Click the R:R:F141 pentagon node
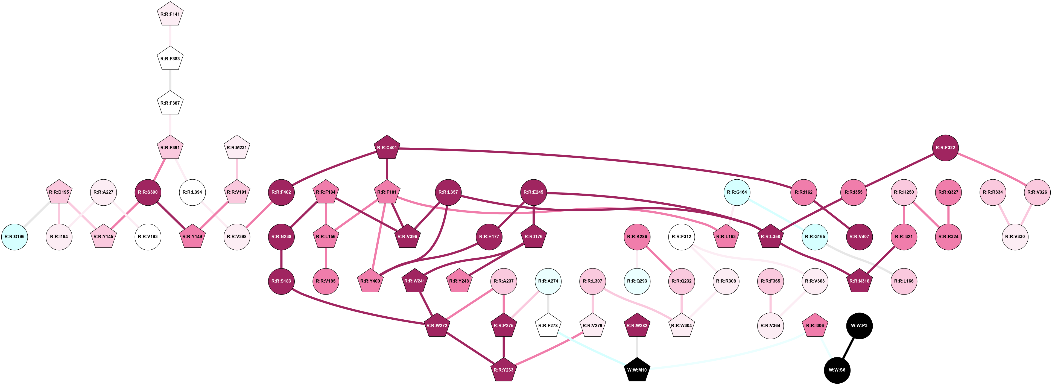[170, 14]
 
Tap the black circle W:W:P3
[859, 325]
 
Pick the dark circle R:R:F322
[945, 147]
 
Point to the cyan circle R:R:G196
[15, 237]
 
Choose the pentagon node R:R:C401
[387, 147]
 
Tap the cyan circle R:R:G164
[737, 192]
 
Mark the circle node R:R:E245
[533, 192]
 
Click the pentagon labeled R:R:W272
[437, 325]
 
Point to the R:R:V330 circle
[1015, 237]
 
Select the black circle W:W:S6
[837, 370]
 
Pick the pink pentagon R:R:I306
[815, 325]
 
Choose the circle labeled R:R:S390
[148, 192]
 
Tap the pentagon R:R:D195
[59, 192]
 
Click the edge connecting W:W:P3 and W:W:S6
[848, 348]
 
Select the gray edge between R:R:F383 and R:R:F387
[170, 81]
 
